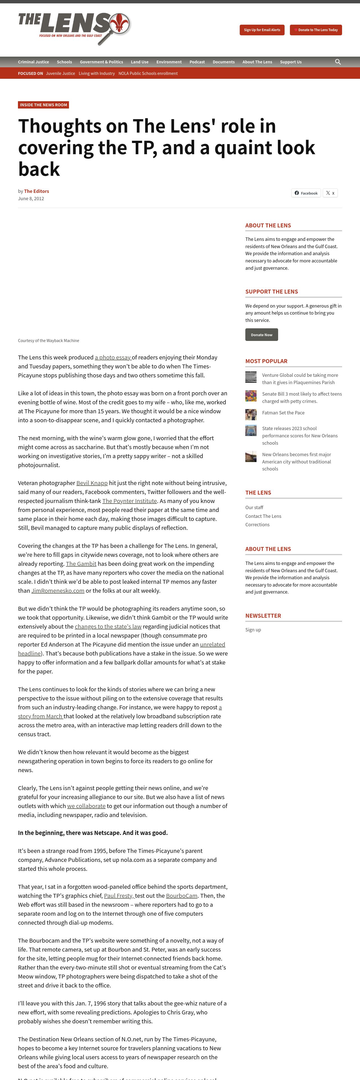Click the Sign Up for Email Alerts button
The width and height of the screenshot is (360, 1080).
(x=262, y=30)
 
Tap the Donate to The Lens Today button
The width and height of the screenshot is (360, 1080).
(x=316, y=30)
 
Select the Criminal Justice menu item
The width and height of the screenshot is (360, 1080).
(x=34, y=62)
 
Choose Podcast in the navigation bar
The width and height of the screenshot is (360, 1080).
(x=197, y=62)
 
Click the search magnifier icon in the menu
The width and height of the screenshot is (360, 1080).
(x=338, y=62)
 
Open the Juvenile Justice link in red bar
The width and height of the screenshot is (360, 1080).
(x=60, y=73)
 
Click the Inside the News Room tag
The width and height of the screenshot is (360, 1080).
(x=43, y=105)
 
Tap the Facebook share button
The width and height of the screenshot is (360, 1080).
(x=306, y=193)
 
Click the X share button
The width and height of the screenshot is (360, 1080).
(x=330, y=193)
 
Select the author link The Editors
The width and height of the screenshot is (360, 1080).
(x=36, y=191)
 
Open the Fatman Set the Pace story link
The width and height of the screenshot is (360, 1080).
(x=283, y=412)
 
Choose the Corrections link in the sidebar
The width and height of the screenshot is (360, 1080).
(x=257, y=525)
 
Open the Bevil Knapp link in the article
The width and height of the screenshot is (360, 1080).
(x=92, y=483)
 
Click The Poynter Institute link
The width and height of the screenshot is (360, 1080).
(x=130, y=501)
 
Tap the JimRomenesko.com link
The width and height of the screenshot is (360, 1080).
(x=58, y=591)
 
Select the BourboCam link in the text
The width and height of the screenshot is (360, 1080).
(x=181, y=896)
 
